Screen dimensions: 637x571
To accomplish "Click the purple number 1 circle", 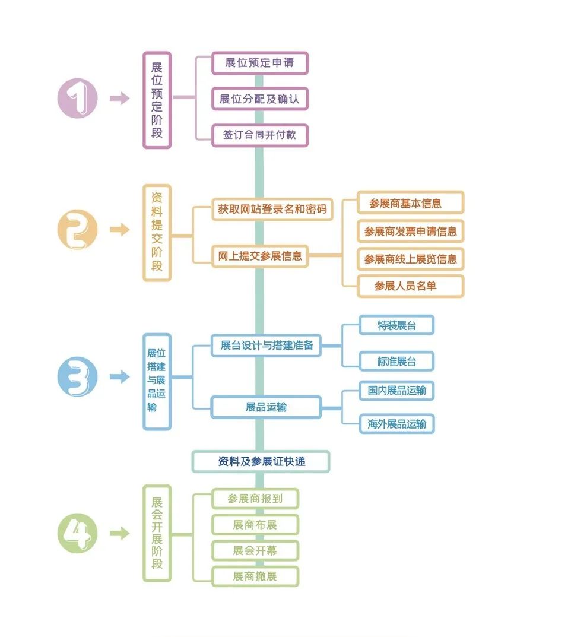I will [x=77, y=99].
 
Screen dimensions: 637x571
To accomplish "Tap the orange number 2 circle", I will [x=77, y=230].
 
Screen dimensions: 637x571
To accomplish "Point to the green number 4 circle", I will [x=77, y=533].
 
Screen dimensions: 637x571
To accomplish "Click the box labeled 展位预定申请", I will [x=259, y=63].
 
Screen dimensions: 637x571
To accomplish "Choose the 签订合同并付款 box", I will [x=259, y=135].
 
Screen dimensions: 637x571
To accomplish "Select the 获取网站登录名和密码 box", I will [x=272, y=210].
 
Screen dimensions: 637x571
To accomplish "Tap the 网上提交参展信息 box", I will [x=260, y=256].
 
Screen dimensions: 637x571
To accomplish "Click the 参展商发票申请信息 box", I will [x=410, y=232].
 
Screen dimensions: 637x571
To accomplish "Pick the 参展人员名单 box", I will [x=410, y=286].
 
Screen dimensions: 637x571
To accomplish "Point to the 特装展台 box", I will [x=396, y=325].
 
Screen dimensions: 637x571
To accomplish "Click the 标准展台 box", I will [x=396, y=361].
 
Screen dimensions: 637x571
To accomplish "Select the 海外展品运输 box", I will [x=396, y=424].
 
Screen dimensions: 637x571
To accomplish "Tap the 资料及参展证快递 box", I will [x=261, y=461].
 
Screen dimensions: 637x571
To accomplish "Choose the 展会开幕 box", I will [x=255, y=551].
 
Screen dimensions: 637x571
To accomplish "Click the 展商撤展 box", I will [x=255, y=576].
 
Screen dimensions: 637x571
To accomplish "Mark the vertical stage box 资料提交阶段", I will [x=157, y=233].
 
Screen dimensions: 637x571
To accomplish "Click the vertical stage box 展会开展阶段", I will [x=157, y=533].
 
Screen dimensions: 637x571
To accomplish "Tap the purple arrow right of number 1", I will [x=119, y=99].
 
